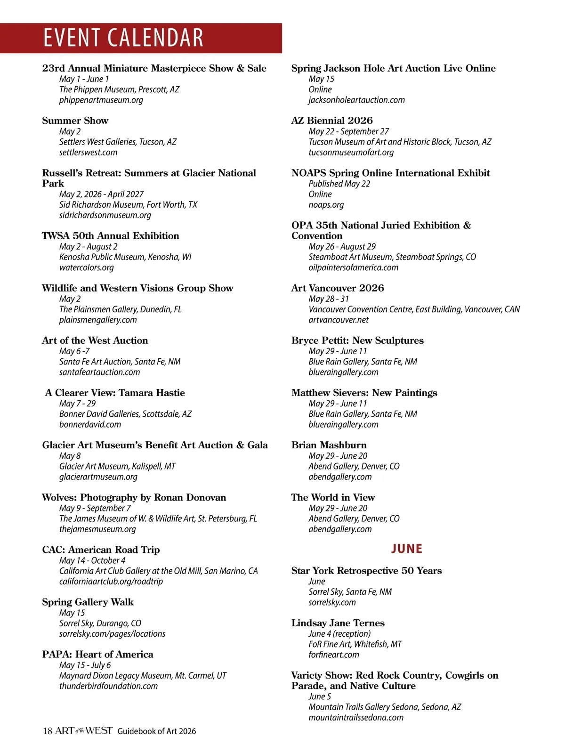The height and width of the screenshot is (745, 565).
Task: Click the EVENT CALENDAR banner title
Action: [x=123, y=38]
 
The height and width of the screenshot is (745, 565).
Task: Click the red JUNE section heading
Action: [x=406, y=549]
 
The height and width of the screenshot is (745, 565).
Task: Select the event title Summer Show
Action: [x=75, y=121]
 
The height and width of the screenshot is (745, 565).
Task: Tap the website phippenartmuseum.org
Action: [x=101, y=100]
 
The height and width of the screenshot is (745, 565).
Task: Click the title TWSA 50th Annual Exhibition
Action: [x=110, y=235]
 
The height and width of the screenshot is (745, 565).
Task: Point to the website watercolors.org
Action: [x=86, y=267]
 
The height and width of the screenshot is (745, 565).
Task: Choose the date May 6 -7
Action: [x=74, y=351]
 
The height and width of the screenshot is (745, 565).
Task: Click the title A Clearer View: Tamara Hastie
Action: [x=115, y=393]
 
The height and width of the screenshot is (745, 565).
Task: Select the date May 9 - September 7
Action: [x=95, y=508]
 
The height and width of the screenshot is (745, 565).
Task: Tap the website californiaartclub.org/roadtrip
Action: [x=111, y=581]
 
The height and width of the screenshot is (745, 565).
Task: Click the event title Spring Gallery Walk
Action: [x=88, y=602]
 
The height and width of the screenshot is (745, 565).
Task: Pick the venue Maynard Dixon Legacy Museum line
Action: [x=142, y=675]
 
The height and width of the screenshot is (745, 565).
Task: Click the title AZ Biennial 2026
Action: [x=331, y=121]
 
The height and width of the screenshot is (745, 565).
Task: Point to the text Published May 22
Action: [x=339, y=184]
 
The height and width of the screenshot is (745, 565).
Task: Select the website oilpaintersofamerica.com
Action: [x=353, y=267]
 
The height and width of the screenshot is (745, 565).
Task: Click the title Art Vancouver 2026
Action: [x=337, y=288]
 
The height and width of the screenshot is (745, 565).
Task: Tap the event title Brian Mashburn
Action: [x=329, y=445]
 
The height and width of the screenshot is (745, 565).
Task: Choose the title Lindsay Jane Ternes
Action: [x=338, y=623]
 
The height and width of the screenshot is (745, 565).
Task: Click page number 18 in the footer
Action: [x=48, y=731]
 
